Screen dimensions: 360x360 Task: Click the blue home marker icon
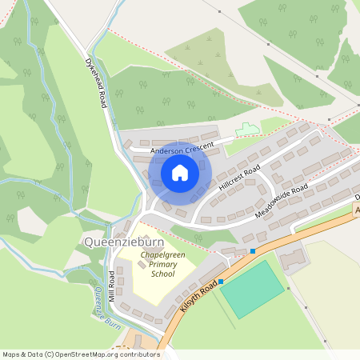point(179,173)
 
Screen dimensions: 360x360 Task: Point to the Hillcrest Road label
point(239,179)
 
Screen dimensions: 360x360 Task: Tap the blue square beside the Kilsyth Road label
point(222,282)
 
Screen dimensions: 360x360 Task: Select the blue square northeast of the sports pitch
point(253,251)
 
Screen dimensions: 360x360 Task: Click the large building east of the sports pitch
point(294,258)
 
